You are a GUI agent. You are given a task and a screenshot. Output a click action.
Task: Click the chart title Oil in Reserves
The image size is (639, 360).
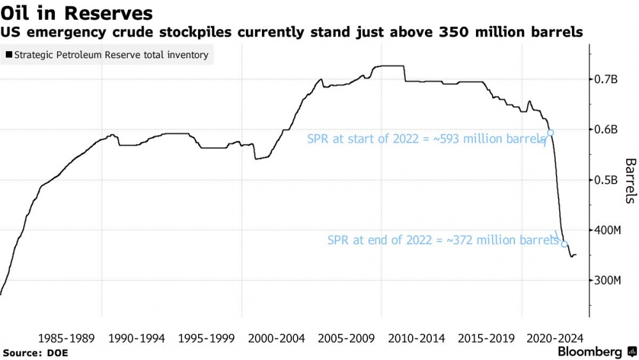pyautogui.click(x=77, y=12)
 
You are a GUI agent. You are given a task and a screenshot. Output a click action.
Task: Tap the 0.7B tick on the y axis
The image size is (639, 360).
pyautogui.click(x=606, y=80)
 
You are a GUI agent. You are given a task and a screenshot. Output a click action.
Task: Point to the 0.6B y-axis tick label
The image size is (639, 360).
pyautogui.click(x=606, y=130)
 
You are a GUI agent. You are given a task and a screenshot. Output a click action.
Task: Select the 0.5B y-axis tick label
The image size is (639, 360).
pyautogui.click(x=606, y=180)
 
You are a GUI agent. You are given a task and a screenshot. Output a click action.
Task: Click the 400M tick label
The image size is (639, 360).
pyautogui.click(x=608, y=230)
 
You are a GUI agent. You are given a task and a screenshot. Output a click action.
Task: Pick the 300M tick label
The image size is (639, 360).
pyautogui.click(x=608, y=280)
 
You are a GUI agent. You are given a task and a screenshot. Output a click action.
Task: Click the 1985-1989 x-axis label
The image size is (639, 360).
pyautogui.click(x=66, y=338)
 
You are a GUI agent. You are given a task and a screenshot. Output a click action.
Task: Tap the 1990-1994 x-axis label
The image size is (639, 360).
pyautogui.click(x=137, y=338)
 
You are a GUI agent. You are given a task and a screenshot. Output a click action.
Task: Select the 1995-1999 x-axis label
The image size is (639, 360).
pyautogui.click(x=206, y=338)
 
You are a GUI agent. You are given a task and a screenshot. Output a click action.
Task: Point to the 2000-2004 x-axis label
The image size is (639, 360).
pyautogui.click(x=277, y=338)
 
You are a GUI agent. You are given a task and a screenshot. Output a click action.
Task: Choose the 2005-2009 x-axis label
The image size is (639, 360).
pyautogui.click(x=346, y=338)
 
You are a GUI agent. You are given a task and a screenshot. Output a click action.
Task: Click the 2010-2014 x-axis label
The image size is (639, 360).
pyautogui.click(x=417, y=338)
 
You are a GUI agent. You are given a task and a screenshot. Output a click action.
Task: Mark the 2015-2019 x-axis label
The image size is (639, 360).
pyautogui.click(x=487, y=338)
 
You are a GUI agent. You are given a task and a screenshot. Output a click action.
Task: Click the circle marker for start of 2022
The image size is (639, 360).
pyautogui.click(x=550, y=132)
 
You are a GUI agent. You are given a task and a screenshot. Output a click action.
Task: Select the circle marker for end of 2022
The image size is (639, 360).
pyautogui.click(x=564, y=244)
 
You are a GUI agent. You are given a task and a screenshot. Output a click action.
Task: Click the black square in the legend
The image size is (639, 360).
pyautogui.click(x=8, y=55)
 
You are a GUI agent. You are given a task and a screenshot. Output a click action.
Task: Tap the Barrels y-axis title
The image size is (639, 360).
pyautogui.click(x=629, y=180)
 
